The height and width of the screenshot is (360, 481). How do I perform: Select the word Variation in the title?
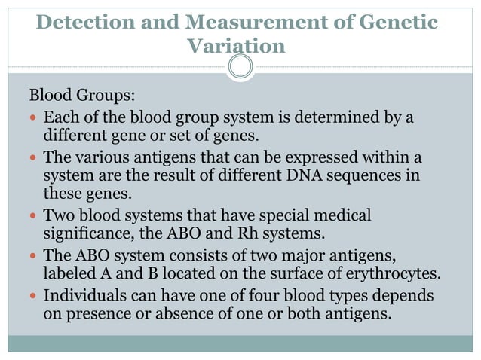[235, 46]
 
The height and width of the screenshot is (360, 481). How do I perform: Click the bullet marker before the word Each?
[34, 119]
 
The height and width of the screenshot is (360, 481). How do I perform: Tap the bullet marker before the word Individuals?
[34, 295]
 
